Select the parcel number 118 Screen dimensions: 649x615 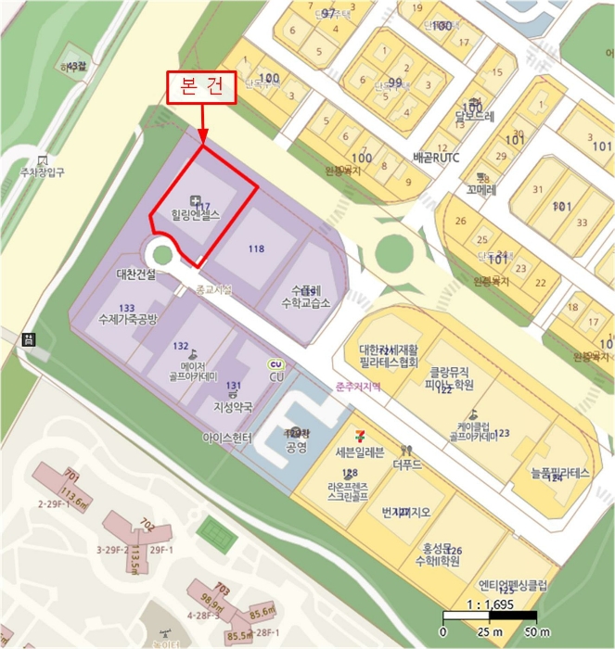coord(257,248)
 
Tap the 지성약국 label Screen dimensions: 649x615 coord(233,406)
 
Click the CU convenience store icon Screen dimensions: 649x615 coord(275,363)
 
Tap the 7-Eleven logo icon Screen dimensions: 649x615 coord(358,435)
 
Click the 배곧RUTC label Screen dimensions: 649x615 coord(433,158)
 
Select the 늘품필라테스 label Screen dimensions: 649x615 coord(560,473)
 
